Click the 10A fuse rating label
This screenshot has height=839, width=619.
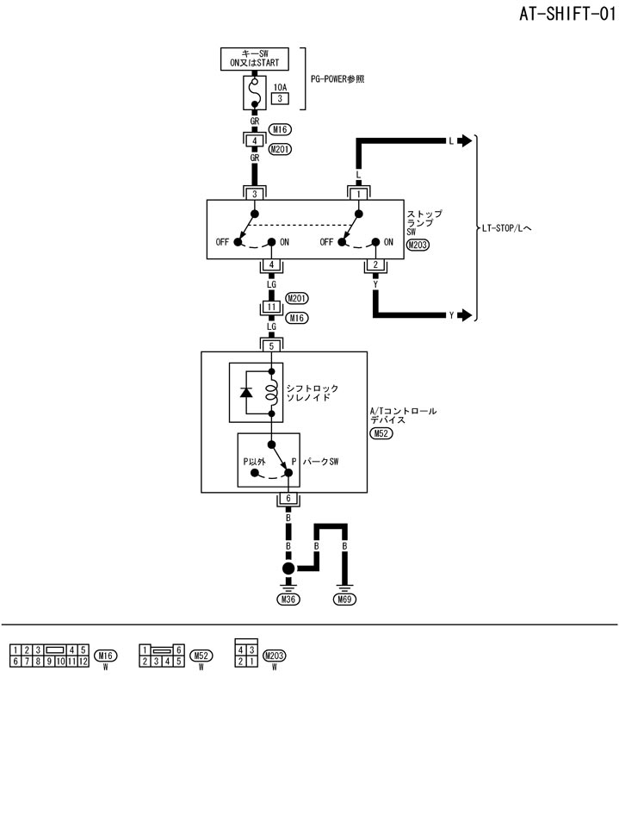(280, 87)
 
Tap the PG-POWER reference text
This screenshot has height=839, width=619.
(337, 78)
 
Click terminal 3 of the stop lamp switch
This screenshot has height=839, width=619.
(254, 194)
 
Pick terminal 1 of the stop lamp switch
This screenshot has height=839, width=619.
(358, 194)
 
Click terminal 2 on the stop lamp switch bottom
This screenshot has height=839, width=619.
(375, 264)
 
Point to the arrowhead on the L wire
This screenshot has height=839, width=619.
(466, 140)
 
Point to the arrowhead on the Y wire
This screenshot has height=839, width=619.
(466, 315)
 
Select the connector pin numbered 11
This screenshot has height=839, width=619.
(271, 307)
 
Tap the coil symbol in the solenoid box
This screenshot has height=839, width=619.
(271, 392)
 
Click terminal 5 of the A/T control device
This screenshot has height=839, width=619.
(271, 345)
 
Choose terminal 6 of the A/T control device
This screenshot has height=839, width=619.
(288, 499)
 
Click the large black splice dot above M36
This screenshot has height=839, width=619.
(288, 569)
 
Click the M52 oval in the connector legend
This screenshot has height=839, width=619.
(201, 656)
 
